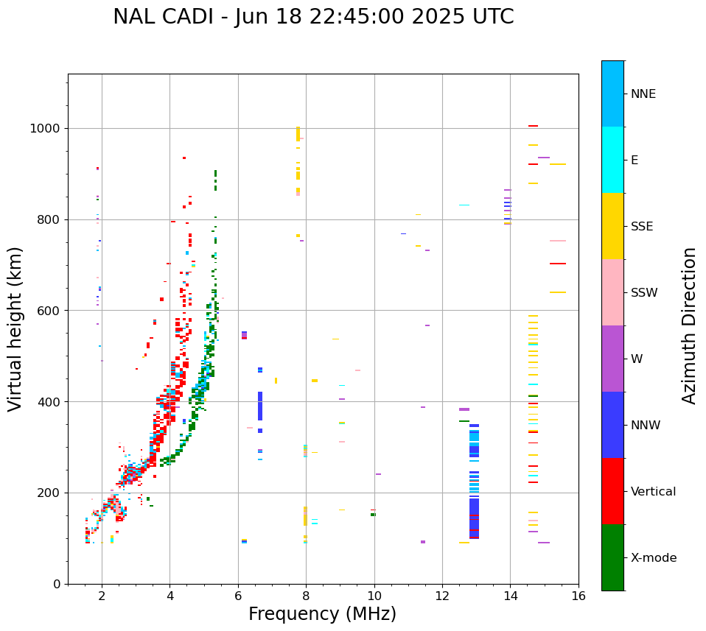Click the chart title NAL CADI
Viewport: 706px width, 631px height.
coord(313,17)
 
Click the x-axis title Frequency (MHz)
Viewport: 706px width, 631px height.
coord(322,614)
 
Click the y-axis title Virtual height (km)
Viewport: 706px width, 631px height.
coord(15,329)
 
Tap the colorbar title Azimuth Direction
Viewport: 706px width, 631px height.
coord(689,325)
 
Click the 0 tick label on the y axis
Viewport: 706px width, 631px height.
coord(57,584)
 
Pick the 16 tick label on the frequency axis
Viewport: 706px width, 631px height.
coord(579,596)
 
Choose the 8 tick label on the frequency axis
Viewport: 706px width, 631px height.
coord(306,596)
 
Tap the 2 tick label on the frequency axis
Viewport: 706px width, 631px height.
coord(102,596)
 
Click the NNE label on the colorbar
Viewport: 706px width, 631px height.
coord(643,94)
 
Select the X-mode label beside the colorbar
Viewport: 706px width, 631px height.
coord(653,558)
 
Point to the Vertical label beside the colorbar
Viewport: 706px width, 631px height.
coord(653,492)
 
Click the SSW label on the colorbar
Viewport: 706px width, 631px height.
coord(643,293)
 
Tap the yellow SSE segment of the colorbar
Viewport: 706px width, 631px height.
coord(612,226)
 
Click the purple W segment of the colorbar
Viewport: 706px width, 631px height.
coord(612,359)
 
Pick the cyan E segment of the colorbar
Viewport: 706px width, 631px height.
coord(612,160)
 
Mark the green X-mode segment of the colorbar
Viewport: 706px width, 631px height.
coord(612,557)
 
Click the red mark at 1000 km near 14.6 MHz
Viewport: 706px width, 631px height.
coord(533,126)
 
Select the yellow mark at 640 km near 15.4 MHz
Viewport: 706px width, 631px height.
coord(557,292)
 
